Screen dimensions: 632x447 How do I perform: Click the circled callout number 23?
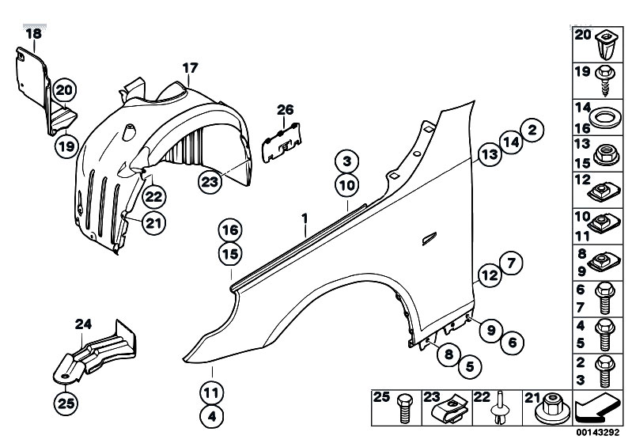pos(210,182)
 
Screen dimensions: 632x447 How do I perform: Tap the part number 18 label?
pos(33,33)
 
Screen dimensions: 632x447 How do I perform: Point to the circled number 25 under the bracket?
pos(66,403)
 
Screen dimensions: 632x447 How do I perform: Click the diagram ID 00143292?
pos(597,433)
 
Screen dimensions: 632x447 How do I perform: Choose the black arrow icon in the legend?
pos(597,408)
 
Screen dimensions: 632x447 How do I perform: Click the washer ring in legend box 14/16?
pos(605,118)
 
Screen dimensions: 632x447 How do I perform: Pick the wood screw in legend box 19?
pos(606,81)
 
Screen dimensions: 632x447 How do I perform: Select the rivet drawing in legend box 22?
pos(500,408)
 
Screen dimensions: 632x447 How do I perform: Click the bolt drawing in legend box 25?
pos(406,409)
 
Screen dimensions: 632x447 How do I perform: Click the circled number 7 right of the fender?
pos(511,263)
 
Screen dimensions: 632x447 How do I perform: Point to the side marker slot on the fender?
pos(429,239)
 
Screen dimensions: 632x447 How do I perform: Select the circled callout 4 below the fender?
pos(212,416)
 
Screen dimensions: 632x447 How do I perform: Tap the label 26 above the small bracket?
pos(286,110)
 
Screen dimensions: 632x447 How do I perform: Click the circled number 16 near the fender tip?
pos(230,230)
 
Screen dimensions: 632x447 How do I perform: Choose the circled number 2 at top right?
pos(532,130)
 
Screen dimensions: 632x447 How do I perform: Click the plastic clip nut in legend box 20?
pos(605,45)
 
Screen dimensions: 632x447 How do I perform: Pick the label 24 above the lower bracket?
pos(83,324)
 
